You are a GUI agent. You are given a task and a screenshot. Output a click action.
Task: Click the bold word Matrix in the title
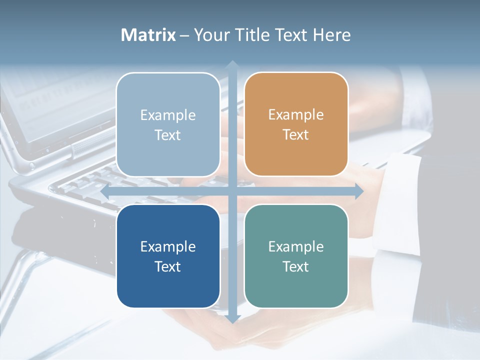pyautogui.click(x=148, y=35)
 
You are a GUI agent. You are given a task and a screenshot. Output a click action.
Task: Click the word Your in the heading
pyautogui.click(x=209, y=35)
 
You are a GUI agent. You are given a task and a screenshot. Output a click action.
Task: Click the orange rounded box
pyautogui.click(x=296, y=124)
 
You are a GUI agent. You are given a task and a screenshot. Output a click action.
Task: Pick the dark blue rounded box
pyautogui.click(x=168, y=256)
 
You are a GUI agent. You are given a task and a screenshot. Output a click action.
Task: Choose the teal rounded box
pyautogui.click(x=296, y=256)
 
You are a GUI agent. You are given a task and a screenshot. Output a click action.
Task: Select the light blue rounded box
pyautogui.click(x=168, y=124)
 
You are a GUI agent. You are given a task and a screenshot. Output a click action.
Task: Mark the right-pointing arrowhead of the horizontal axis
pyautogui.click(x=358, y=191)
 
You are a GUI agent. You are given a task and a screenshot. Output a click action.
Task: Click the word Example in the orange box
pyautogui.click(x=296, y=115)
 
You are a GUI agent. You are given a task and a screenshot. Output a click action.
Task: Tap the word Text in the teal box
pyautogui.click(x=296, y=266)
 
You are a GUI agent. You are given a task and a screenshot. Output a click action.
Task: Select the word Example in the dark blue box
pyautogui.click(x=168, y=246)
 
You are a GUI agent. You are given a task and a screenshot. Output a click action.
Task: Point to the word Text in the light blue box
pyautogui.click(x=168, y=135)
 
